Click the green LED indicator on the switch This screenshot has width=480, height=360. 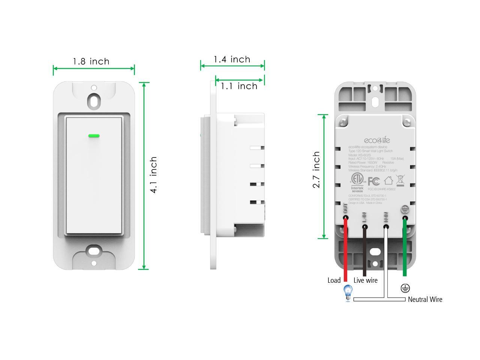94,136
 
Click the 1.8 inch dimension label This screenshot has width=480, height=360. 91,61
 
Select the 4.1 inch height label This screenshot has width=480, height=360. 153,175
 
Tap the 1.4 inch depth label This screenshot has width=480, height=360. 232,59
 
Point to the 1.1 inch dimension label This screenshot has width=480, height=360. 239,86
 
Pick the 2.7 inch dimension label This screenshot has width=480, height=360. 316,169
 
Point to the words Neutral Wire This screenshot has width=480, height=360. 425,299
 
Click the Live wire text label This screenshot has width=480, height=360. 365,280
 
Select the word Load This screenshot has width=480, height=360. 334,280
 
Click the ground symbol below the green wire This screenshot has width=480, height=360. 405,288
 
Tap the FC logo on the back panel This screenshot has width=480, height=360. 373,181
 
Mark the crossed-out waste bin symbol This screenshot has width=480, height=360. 400,180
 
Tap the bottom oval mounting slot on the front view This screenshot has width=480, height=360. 94,251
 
